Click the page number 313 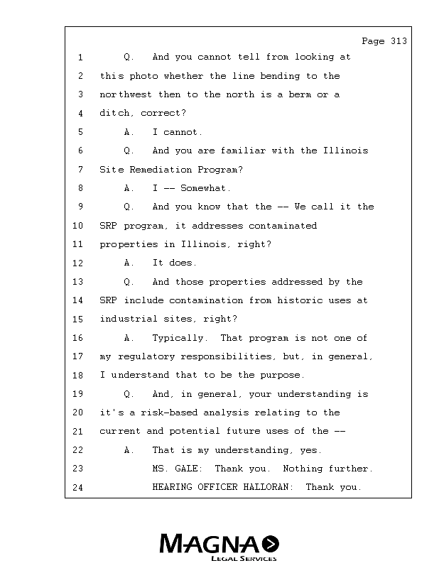pyautogui.click(x=399, y=41)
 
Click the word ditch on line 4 pyautogui.click(x=115, y=113)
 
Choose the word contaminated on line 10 pyautogui.click(x=282, y=226)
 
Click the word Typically pyautogui.click(x=179, y=338)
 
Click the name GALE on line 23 pyautogui.click(x=188, y=469)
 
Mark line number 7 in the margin pyautogui.click(x=81, y=170)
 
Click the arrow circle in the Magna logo pyautogui.click(x=271, y=544)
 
